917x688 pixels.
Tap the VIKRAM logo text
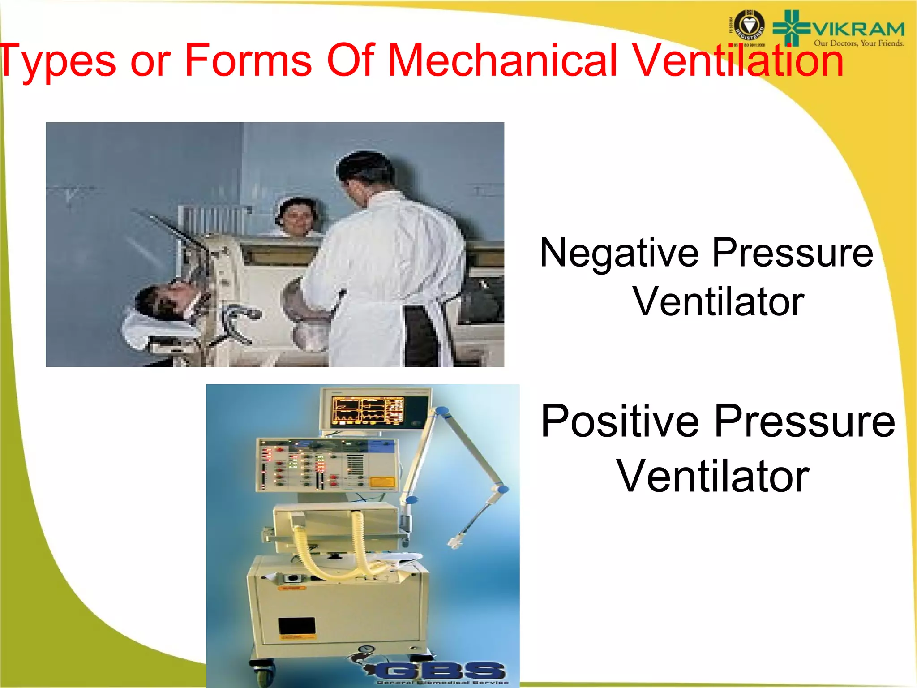pyautogui.click(x=858, y=30)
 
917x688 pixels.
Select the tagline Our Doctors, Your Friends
pyautogui.click(x=859, y=43)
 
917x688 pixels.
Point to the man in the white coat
pyautogui.click(x=390, y=269)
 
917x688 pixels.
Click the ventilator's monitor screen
pyautogui.click(x=367, y=410)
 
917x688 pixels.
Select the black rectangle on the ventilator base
pyautogui.click(x=297, y=626)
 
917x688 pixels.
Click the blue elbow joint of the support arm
pyautogui.click(x=502, y=489)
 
